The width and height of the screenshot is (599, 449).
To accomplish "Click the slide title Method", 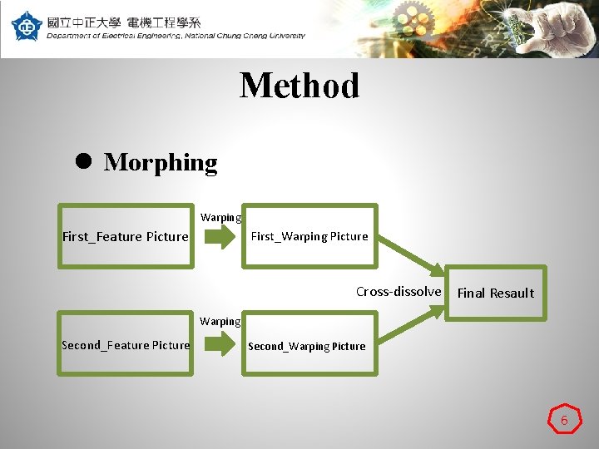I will pyautogui.click(x=299, y=86).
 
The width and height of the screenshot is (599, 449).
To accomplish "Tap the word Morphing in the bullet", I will pyautogui.click(x=161, y=162).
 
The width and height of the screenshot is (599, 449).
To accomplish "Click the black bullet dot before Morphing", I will pyautogui.click(x=83, y=162).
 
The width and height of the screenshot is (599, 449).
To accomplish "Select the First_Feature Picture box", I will pyautogui.click(x=125, y=236).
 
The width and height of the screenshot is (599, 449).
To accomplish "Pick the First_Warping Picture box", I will pyautogui.click(x=309, y=236).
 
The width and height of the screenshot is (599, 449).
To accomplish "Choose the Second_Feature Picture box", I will pyautogui.click(x=125, y=345).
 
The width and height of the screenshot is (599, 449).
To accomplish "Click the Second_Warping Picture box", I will pyautogui.click(x=306, y=346).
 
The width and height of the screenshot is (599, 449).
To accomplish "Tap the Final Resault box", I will pyautogui.click(x=496, y=293).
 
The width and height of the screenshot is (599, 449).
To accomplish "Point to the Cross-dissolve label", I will pyautogui.click(x=399, y=291).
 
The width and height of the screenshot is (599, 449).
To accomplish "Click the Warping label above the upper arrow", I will pyautogui.click(x=220, y=218).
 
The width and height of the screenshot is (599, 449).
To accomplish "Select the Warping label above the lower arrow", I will pyautogui.click(x=220, y=321).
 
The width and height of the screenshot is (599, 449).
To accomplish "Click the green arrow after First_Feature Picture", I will pyautogui.click(x=220, y=239).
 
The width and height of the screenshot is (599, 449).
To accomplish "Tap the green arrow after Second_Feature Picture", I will pyautogui.click(x=220, y=345).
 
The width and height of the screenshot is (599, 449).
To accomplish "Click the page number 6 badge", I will pyautogui.click(x=564, y=420).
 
